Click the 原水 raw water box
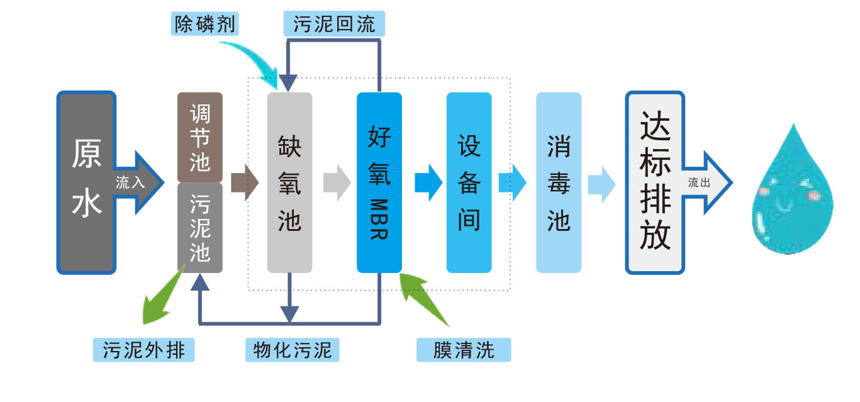[86, 182]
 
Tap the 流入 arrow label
[130, 183]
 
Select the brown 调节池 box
[200, 137]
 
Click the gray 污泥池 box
[200, 228]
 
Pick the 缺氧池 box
[289, 182]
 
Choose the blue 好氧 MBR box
[379, 182]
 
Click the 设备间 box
[469, 182]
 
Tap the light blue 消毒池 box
[559, 182]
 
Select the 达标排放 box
[654, 182]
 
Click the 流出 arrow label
[700, 183]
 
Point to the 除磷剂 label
[204, 24]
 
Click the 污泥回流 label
[334, 24]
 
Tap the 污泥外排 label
[143, 350]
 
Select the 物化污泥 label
[292, 350]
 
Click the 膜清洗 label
[464, 350]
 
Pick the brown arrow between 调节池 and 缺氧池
[244, 182]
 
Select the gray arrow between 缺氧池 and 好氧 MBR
[336, 182]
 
